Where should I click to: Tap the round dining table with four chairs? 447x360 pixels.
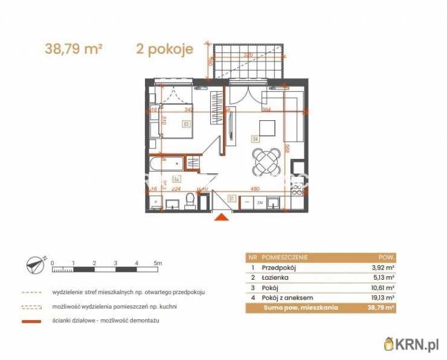266,162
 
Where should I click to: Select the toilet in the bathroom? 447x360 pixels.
190,201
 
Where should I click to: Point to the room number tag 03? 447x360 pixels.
185,124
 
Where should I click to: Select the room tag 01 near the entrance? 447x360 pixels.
231,198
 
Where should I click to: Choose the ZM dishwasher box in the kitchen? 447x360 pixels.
260,204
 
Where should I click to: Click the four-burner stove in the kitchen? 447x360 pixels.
297,190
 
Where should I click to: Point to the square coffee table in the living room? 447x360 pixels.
266,127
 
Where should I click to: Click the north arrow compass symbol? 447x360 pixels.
36,263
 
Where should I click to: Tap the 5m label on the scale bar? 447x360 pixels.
158,263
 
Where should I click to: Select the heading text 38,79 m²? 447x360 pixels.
73,49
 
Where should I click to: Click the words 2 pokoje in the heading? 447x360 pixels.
164,49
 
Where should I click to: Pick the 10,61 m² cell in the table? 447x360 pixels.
382,288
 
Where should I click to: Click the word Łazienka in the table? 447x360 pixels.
275,277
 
